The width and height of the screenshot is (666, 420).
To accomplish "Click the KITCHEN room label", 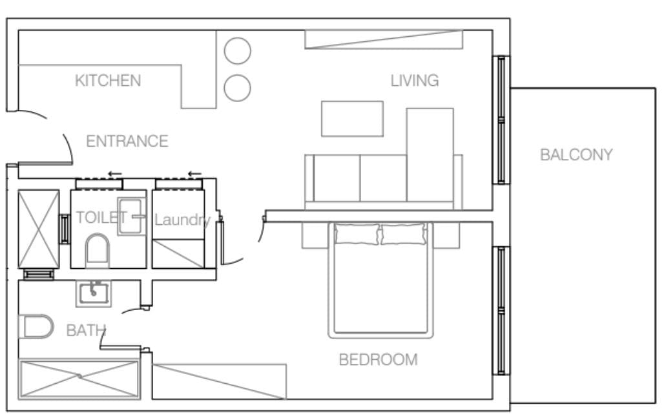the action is click(x=108, y=81).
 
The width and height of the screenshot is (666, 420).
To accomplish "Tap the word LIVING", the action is click(x=415, y=81).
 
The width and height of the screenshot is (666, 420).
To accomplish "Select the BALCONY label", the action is click(x=576, y=154).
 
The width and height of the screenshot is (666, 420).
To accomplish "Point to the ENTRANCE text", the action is click(x=127, y=141).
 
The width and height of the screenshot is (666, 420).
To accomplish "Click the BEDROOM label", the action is click(x=378, y=360).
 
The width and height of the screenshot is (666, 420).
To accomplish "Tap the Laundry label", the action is click(x=182, y=220).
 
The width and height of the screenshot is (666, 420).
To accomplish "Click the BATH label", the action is click(x=86, y=330).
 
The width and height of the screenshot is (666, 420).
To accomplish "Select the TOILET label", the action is click(x=101, y=218).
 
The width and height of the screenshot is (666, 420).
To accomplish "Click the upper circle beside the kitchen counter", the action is click(x=238, y=50).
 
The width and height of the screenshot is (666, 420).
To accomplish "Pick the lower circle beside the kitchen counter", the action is click(x=238, y=88).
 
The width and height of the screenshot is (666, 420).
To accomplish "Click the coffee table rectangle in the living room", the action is click(x=352, y=119).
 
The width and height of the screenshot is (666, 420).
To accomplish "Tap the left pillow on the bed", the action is click(x=357, y=234).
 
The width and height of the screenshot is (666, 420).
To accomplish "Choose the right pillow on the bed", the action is click(x=404, y=234).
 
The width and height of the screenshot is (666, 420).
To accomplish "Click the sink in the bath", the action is click(x=94, y=293).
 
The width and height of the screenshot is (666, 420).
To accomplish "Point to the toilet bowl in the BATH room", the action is click(x=36, y=326).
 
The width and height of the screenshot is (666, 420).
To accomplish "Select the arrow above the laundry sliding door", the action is click(x=194, y=174).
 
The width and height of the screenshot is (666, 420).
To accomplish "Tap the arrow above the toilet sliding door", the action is click(x=115, y=174).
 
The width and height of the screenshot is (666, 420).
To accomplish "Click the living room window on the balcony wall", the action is click(x=501, y=120).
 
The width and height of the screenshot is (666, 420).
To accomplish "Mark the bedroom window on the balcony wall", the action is click(x=501, y=310).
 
